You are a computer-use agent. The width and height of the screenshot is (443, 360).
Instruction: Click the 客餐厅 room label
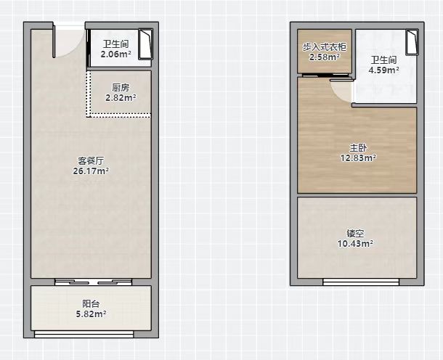coord(91,161)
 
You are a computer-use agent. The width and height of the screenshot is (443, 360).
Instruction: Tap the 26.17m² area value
coord(91,171)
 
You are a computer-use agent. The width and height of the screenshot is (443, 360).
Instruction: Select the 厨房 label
coord(121,88)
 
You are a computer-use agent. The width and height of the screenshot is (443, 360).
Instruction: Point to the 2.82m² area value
coord(121,98)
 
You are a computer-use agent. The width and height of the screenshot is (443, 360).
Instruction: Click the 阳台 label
coord(91,304)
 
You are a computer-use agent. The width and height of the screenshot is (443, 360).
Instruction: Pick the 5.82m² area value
coord(91,314)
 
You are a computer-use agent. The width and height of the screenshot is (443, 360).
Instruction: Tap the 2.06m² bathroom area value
coord(116,54)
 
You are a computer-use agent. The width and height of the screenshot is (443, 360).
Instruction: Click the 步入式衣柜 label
coord(325,47)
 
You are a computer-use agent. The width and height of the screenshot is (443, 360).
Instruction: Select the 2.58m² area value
coord(325,57)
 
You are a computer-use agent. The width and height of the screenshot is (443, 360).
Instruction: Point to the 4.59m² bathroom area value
coord(383,70)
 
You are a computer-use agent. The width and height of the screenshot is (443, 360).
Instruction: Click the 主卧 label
coord(358,147)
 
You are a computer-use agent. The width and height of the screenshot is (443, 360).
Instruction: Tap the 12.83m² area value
coord(358,157)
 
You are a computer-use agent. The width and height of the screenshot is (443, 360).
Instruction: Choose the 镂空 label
coord(355,234)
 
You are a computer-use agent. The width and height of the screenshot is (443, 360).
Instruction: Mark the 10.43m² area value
coord(355,243)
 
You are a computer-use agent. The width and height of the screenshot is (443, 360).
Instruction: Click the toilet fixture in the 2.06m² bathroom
coord(145,44)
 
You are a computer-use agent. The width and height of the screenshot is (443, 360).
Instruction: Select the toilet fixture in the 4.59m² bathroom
coord(412,42)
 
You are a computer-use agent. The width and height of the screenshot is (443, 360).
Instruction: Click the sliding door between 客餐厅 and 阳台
coord(93,282)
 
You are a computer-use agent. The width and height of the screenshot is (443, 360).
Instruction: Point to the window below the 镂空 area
coord(361,282)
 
